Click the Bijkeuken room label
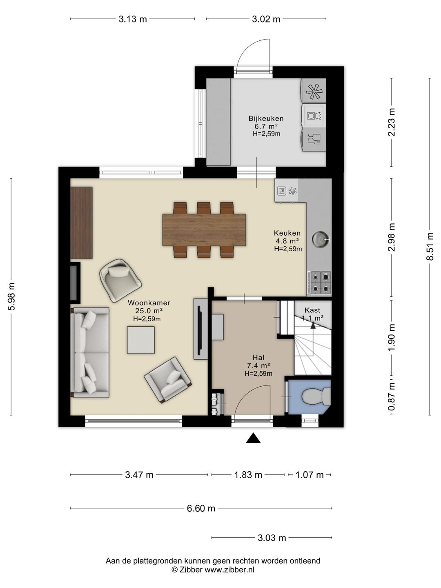[266, 118]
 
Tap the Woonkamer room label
[149, 303]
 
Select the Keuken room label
[287, 233]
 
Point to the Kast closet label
[312, 310]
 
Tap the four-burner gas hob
[321, 282]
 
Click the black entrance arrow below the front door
[253, 438]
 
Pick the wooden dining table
[204, 229]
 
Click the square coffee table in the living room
[141, 340]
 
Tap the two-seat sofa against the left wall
[90, 352]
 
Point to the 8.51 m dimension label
[430, 246]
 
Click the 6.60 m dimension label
[201, 508]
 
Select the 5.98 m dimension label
[11, 296]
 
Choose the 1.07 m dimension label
[310, 475]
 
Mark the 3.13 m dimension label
[133, 19]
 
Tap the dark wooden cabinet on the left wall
[81, 223]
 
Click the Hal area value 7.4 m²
[258, 365]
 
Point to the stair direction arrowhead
[313, 325]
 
